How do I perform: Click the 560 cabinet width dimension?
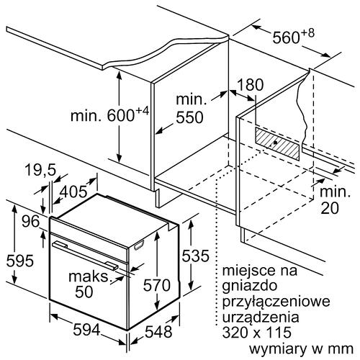(293, 36)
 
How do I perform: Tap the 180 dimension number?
(250, 85)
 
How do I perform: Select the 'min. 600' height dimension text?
(109, 114)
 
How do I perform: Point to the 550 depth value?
(189, 117)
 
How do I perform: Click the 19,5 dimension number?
(40, 170)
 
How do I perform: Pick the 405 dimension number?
(73, 192)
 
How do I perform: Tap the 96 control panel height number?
(31, 221)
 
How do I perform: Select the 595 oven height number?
(19, 261)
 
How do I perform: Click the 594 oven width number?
(86, 330)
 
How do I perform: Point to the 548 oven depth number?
(158, 332)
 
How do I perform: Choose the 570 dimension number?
(157, 285)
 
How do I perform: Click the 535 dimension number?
(195, 256)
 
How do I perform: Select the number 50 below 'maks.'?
(84, 292)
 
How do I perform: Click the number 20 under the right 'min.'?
(330, 207)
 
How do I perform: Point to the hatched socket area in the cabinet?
(277, 143)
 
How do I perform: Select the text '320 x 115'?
(256, 332)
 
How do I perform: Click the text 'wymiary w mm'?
(301, 348)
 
